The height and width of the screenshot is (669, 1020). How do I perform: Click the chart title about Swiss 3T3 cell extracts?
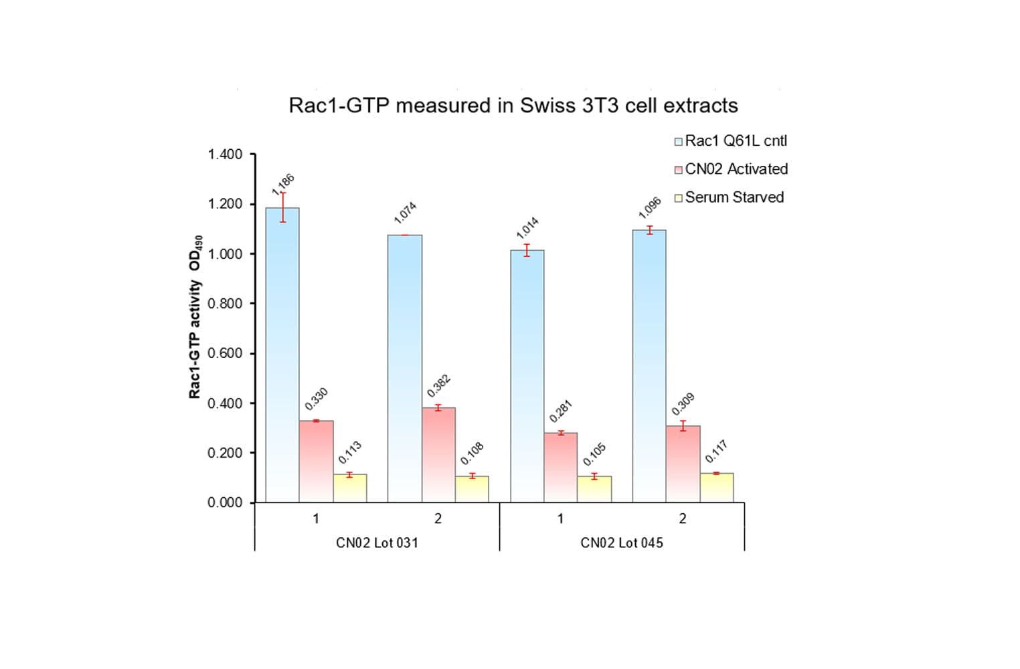[513, 106]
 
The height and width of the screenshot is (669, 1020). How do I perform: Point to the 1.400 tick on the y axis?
[225, 155]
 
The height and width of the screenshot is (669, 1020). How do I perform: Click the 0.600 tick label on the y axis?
[225, 353]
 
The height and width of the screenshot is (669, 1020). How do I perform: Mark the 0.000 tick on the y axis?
[225, 502]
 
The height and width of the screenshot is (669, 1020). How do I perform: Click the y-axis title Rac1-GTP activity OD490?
[195, 317]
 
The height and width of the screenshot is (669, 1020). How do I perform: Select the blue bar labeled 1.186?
[282, 355]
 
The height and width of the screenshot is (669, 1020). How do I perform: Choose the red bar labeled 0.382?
[438, 455]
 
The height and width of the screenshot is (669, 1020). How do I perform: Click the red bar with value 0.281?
[561, 468]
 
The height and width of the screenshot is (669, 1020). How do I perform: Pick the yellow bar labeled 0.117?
[717, 488]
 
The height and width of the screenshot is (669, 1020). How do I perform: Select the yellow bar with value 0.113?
[350, 488]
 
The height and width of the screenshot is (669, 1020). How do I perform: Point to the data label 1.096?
[650, 207]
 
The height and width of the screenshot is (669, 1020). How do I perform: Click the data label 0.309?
[683, 404]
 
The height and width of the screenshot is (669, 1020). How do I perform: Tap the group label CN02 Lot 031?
[377, 543]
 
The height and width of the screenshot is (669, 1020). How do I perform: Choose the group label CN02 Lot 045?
[622, 543]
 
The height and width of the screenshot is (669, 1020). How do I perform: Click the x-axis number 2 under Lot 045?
[683, 518]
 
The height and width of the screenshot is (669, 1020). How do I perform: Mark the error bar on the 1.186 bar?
[282, 207]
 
